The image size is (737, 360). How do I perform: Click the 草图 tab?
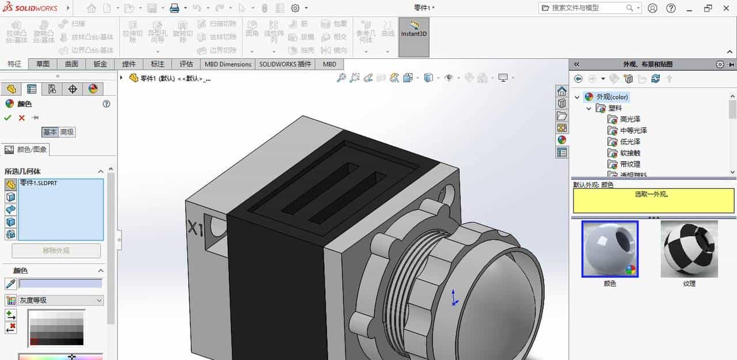tap(43, 64)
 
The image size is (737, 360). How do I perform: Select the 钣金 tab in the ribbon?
tap(100, 64)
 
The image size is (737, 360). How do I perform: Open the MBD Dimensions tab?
tap(228, 64)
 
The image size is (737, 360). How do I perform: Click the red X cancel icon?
tap(22, 118)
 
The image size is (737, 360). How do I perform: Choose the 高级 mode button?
tap(67, 132)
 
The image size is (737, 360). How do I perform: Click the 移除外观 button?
tap(56, 251)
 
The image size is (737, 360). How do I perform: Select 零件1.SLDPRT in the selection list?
tap(39, 183)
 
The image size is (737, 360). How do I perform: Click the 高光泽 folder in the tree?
tap(630, 119)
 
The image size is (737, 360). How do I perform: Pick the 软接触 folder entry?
tap(630, 153)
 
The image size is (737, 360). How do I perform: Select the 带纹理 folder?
tap(630, 164)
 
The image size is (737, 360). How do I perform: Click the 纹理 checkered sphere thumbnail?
tap(689, 249)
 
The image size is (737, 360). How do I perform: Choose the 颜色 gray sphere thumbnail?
tap(610, 249)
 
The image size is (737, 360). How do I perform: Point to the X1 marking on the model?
tap(196, 229)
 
